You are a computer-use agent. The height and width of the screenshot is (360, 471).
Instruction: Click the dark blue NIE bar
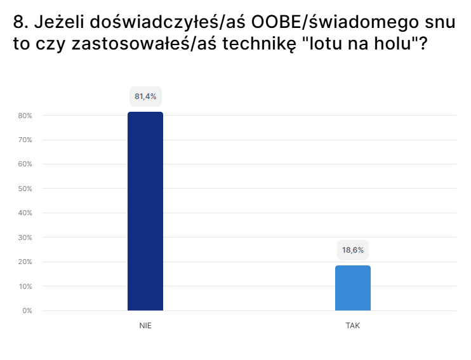pyautogui.click(x=145, y=211)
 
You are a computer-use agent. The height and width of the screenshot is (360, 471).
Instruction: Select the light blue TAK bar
pyautogui.click(x=353, y=288)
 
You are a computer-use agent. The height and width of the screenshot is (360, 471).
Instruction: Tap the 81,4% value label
pyautogui.click(x=145, y=97)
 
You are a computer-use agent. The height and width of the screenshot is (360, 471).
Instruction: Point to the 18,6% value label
pyautogui.click(x=353, y=250)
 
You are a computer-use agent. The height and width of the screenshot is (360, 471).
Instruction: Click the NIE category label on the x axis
pyautogui.click(x=145, y=325)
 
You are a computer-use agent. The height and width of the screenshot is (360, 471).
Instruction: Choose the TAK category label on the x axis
pyautogui.click(x=353, y=325)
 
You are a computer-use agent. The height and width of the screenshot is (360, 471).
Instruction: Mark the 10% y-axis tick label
pyautogui.click(x=26, y=286)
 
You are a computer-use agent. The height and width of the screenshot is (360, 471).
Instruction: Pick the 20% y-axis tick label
pyautogui.click(x=26, y=262)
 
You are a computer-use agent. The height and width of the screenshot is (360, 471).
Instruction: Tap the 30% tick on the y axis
pyautogui.click(x=26, y=237)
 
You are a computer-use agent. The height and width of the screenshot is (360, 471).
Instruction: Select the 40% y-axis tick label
pyautogui.click(x=26, y=213)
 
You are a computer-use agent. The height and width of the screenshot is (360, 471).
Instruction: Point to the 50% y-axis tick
pyautogui.click(x=26, y=189)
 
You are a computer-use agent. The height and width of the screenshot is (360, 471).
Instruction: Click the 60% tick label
pyautogui.click(x=26, y=164)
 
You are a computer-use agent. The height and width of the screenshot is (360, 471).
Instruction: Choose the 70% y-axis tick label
pyautogui.click(x=26, y=140)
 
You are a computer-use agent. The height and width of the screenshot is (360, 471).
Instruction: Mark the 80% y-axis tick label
pyautogui.click(x=26, y=116)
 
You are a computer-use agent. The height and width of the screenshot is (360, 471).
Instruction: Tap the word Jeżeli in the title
pyautogui.click(x=59, y=23)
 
